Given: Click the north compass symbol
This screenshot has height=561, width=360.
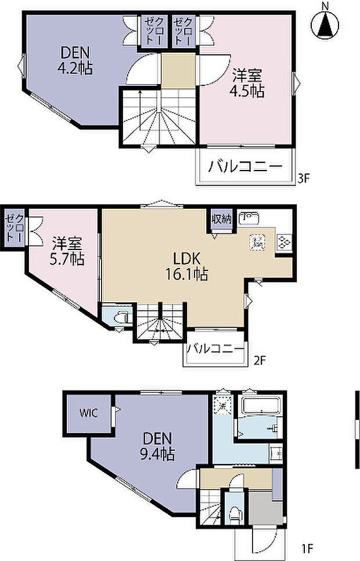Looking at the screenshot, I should pos(326,24).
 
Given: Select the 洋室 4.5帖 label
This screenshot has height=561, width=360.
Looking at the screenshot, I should pos(249,83).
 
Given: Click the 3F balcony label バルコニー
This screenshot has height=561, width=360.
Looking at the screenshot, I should pos(245,167).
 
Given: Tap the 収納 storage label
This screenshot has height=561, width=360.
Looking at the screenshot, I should pos(221,219).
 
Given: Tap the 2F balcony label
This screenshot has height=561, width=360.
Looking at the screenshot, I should pos(215,349).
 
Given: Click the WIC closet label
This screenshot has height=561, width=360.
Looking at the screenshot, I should pos(88,413).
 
